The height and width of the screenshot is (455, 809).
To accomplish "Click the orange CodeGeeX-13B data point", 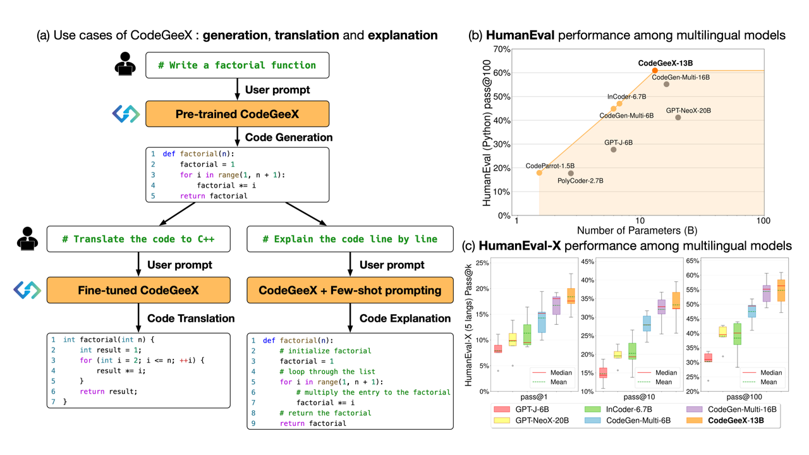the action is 655,70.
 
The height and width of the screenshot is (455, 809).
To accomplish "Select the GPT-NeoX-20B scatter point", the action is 678,118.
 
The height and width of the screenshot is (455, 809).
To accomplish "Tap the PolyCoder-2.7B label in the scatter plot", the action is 580,181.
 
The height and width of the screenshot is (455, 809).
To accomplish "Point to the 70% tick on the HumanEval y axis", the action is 502,49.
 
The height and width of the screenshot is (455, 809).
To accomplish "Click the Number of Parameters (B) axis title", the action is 637,231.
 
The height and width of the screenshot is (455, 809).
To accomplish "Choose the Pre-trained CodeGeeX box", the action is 237,114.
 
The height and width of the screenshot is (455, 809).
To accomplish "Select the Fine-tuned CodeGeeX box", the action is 138,290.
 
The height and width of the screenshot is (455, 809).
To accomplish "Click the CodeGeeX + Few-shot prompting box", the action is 350,290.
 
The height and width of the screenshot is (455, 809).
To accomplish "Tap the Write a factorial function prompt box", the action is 237,65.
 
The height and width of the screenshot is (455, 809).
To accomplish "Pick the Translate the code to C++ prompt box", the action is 138,239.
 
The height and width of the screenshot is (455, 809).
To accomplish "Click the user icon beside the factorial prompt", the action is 125,64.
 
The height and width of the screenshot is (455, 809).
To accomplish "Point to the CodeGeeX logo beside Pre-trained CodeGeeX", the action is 126,114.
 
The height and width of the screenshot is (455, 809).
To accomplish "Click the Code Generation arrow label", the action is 289,137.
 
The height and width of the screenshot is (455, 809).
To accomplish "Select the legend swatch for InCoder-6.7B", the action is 593,409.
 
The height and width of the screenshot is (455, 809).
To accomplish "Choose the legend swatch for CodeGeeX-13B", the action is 694,420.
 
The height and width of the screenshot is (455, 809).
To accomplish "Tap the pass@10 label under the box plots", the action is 639,397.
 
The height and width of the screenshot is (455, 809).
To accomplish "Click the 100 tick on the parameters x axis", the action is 763,221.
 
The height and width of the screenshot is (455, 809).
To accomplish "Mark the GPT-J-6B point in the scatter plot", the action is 614,150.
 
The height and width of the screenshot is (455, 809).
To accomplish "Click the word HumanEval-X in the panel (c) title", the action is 520,246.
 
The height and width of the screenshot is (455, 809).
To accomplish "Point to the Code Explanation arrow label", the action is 405,318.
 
